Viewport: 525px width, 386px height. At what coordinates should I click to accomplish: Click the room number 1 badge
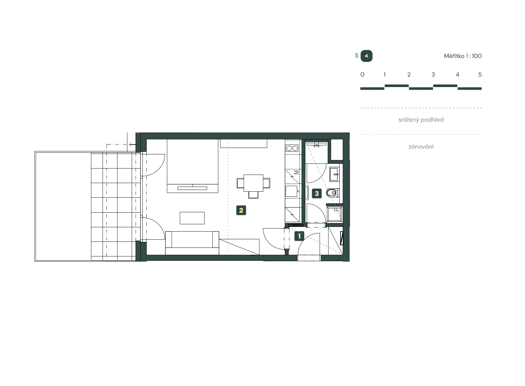click(x=299, y=235)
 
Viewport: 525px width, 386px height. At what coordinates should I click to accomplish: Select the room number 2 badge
click(x=241, y=210)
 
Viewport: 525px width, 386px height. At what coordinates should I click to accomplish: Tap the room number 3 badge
click(x=317, y=193)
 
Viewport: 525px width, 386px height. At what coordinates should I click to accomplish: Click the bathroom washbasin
click(x=335, y=174)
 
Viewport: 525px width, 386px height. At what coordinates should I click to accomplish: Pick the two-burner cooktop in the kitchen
click(x=292, y=148)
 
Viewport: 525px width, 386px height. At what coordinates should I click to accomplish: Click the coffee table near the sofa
click(x=192, y=218)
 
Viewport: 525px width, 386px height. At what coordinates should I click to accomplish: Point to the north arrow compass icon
click(x=366, y=56)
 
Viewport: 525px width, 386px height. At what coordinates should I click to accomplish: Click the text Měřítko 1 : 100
click(x=463, y=56)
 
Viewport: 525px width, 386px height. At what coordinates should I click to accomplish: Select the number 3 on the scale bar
click(x=433, y=75)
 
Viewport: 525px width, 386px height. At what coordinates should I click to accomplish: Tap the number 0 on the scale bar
click(x=362, y=75)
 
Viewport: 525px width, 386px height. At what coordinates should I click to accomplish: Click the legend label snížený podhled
click(x=421, y=120)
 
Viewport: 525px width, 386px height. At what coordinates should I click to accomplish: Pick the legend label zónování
click(x=421, y=147)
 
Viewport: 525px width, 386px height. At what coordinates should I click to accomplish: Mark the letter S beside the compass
click(x=356, y=56)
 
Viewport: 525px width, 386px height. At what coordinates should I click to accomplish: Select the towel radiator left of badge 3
click(x=308, y=193)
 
